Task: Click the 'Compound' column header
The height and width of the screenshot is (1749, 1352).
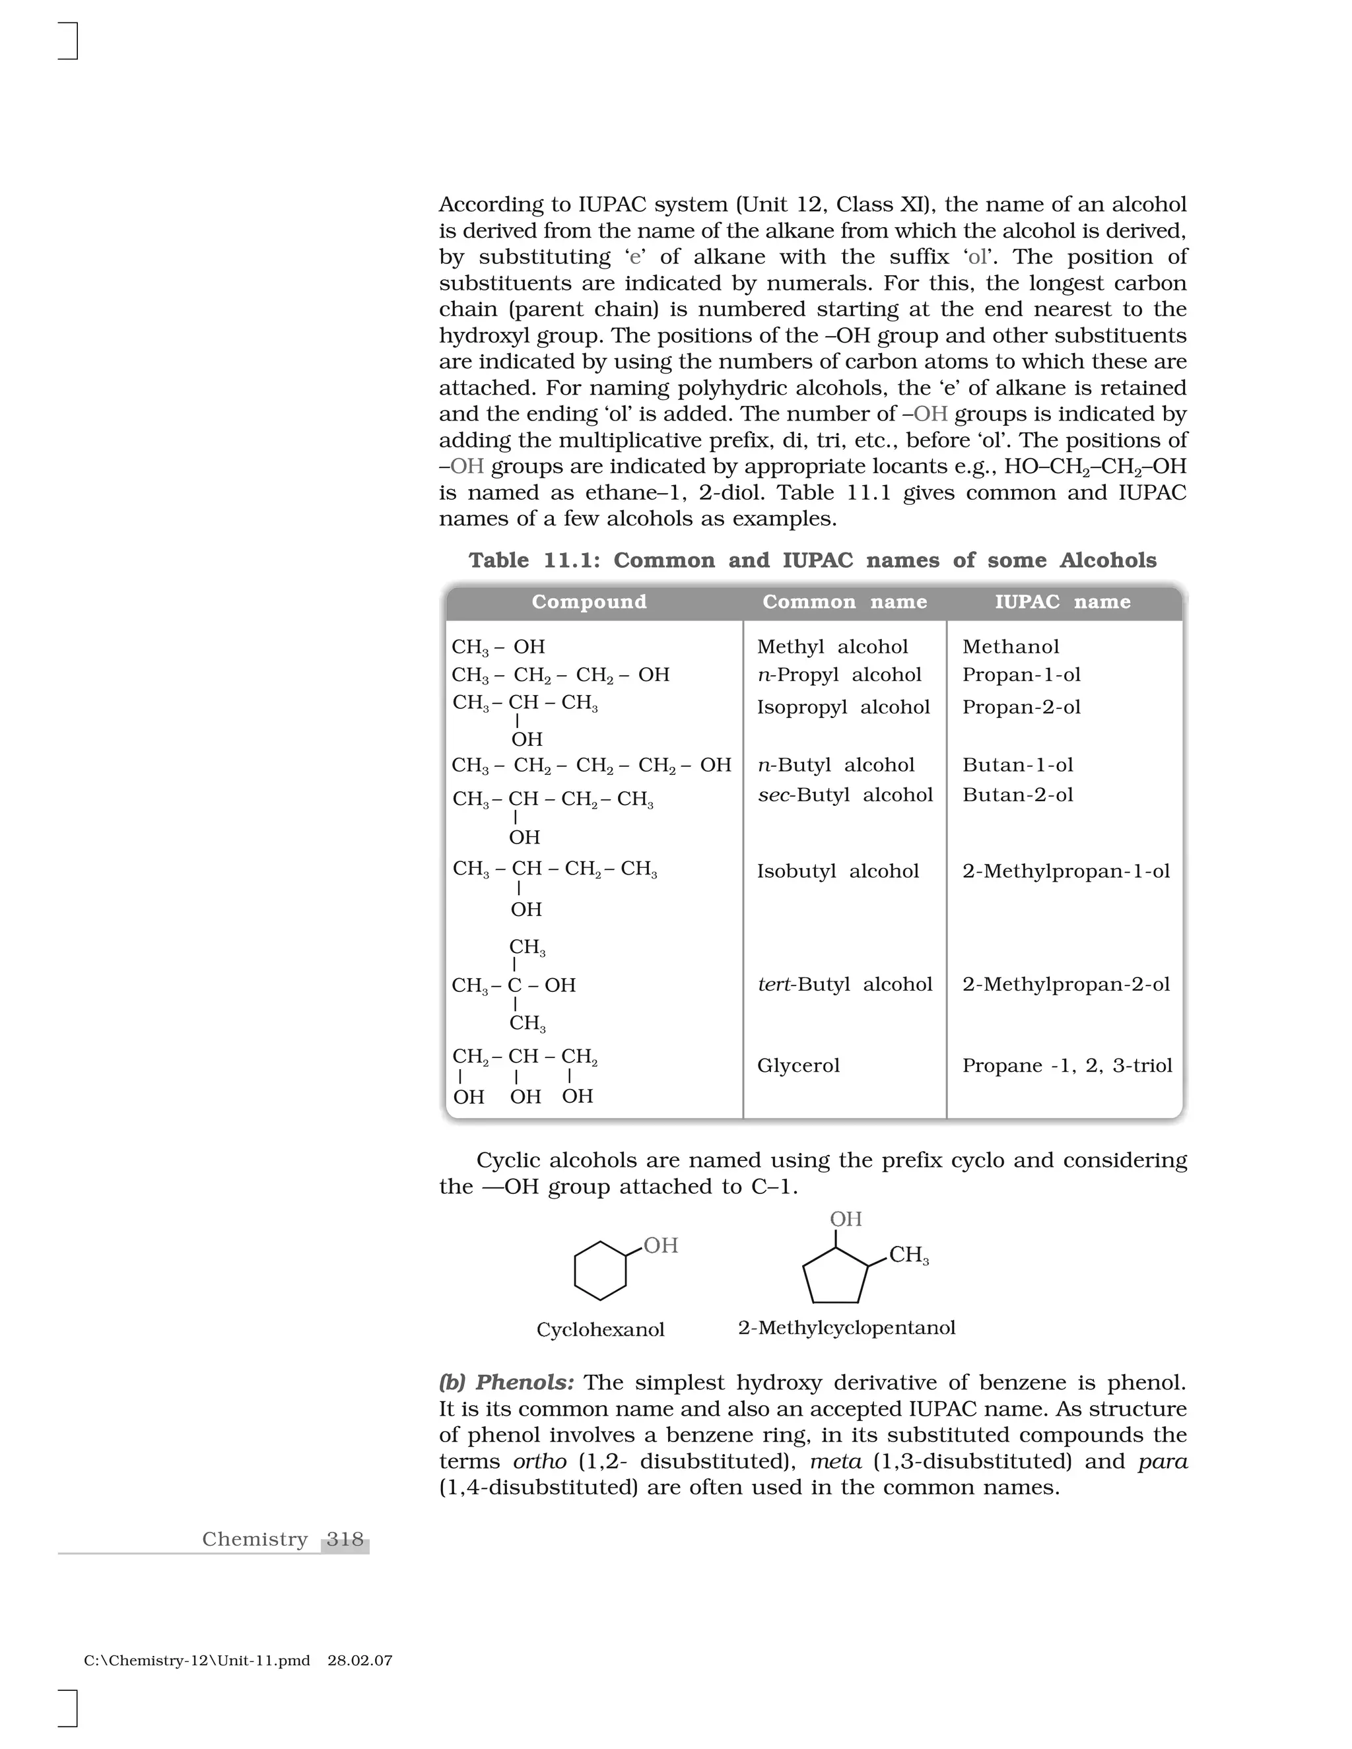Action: (x=589, y=602)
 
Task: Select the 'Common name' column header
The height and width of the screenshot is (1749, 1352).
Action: (x=844, y=602)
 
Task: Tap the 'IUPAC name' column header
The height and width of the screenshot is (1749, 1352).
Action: (x=1063, y=602)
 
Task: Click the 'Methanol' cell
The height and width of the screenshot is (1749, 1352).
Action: (x=1010, y=647)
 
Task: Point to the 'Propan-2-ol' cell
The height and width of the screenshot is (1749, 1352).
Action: (x=1021, y=707)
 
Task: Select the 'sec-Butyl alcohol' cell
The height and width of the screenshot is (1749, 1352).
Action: (x=845, y=795)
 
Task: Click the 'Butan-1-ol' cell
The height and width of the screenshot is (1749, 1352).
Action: (x=1017, y=766)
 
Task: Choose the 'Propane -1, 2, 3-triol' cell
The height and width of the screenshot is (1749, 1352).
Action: (x=1067, y=1066)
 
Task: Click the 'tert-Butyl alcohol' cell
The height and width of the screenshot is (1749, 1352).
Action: (x=845, y=984)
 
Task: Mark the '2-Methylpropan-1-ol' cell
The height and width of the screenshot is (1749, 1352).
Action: (x=1065, y=871)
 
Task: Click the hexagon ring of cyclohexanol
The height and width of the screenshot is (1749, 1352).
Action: (x=600, y=1271)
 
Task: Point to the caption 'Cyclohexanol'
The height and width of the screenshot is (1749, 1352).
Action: (x=600, y=1330)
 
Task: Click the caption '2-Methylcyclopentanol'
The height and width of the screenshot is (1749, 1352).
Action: (x=846, y=1329)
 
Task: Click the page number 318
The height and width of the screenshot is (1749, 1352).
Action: (x=345, y=1539)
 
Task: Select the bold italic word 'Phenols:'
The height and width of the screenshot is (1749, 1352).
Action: (x=525, y=1383)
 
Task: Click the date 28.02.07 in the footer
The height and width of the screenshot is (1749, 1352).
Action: (x=360, y=1661)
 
